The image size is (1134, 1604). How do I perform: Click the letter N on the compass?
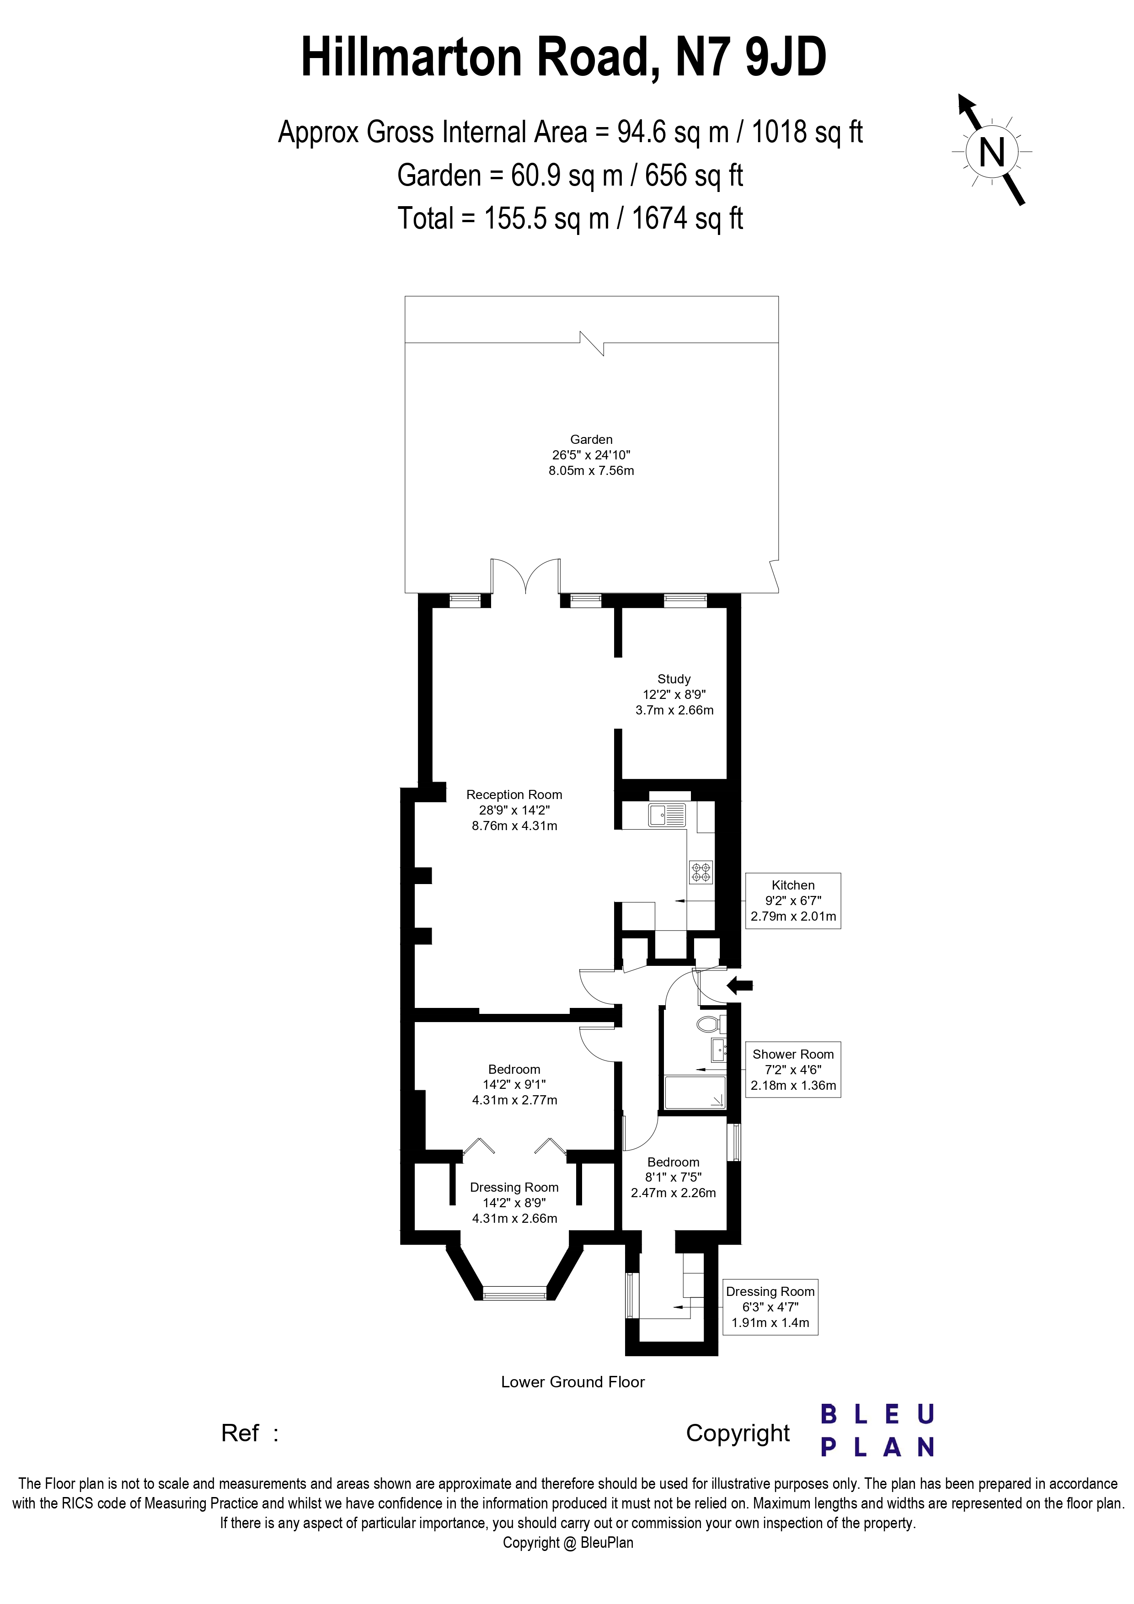click(x=991, y=152)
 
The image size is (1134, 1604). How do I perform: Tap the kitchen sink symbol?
click(x=667, y=814)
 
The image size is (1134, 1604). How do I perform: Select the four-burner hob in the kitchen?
click(x=701, y=871)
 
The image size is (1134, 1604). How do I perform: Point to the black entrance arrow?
click(x=740, y=986)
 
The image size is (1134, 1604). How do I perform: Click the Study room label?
click(x=674, y=679)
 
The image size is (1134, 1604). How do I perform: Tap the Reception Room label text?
click(x=514, y=794)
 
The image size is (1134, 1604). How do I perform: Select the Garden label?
click(x=591, y=439)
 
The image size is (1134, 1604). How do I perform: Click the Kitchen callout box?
click(x=793, y=901)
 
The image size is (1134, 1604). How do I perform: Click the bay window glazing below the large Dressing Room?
click(x=514, y=1293)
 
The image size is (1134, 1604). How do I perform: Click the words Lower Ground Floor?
click(x=573, y=1382)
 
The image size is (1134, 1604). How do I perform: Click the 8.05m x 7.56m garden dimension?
click(x=591, y=471)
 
